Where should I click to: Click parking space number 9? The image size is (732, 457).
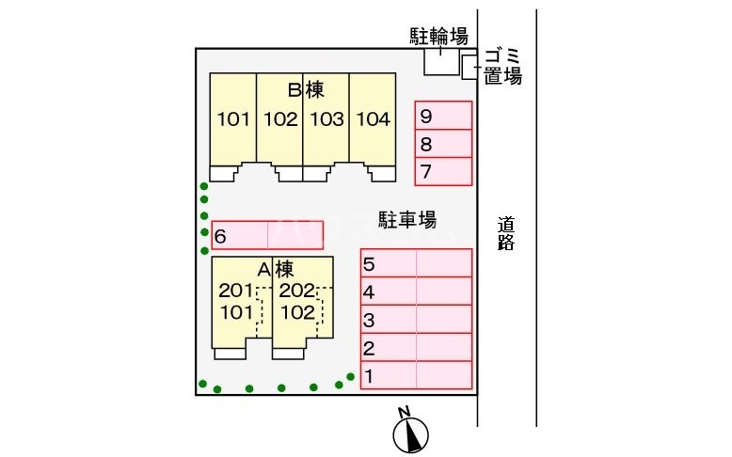pyautogui.click(x=443, y=116)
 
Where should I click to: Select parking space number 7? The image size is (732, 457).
pyautogui.click(x=443, y=172)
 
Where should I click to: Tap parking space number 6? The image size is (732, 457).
pyautogui.click(x=268, y=235)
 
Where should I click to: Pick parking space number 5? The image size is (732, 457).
pyautogui.click(x=416, y=263)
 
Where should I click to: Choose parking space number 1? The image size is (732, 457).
pyautogui.click(x=416, y=376)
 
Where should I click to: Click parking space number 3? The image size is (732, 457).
pyautogui.click(x=416, y=320)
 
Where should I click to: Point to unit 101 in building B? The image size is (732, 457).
pyautogui.click(x=232, y=120)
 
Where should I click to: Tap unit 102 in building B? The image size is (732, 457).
pyautogui.click(x=280, y=120)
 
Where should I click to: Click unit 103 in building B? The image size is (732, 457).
pyautogui.click(x=326, y=120)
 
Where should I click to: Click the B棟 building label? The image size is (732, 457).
pyautogui.click(x=306, y=90)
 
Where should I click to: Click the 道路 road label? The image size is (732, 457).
pyautogui.click(x=507, y=234)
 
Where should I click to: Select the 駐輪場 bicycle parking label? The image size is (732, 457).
pyautogui.click(x=438, y=37)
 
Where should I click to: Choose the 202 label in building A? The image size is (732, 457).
pyautogui.click(x=296, y=292)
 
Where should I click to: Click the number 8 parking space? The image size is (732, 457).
pyautogui.click(x=443, y=144)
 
